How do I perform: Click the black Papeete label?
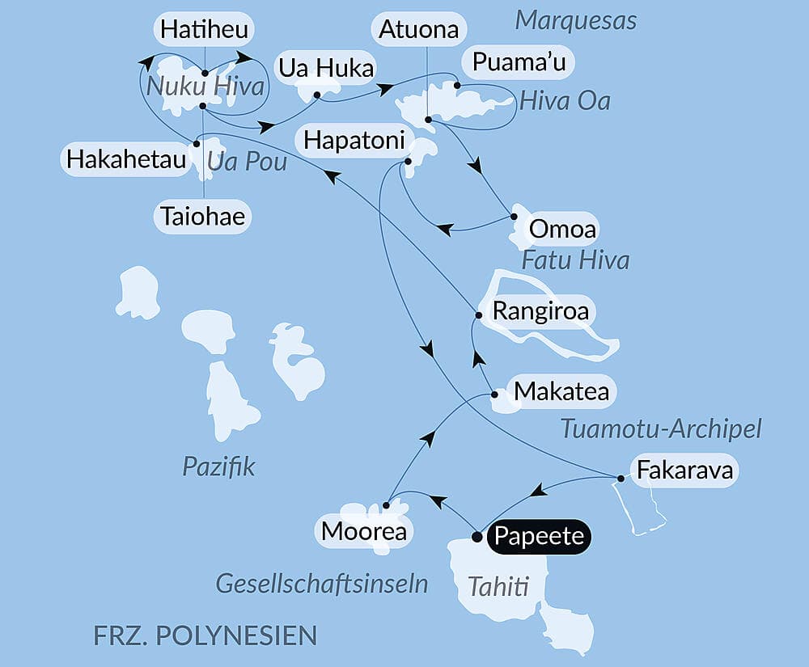[x=540, y=536]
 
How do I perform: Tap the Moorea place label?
[x=363, y=531]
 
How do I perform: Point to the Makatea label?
[x=561, y=392]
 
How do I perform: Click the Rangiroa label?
[x=540, y=311]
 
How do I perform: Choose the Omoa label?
[x=561, y=230]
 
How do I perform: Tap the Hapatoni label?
[x=354, y=141]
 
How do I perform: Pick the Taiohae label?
[x=201, y=217]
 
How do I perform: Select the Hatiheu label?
[x=204, y=31]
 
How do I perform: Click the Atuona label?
[x=419, y=31]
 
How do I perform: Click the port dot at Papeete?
[x=477, y=536]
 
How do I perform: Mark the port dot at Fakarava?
[x=621, y=479]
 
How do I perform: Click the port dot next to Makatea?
[x=495, y=395]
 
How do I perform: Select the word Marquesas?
[x=575, y=20]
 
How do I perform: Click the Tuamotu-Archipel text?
[x=661, y=429]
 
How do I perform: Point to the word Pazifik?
[x=218, y=466]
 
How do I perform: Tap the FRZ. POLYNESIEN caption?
[x=205, y=634]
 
